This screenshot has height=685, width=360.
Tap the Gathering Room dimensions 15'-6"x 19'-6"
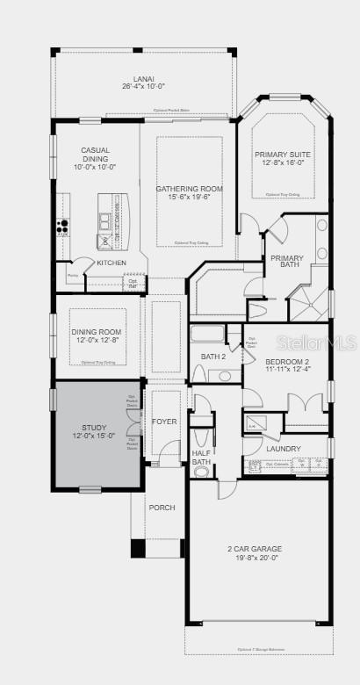[189, 198]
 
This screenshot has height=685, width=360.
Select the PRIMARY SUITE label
[284, 154]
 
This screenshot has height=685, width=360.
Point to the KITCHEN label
[112, 263]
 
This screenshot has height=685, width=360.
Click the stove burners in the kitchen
[63, 227]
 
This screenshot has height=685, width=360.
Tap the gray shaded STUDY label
[94, 427]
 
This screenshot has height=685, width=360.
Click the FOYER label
[164, 422]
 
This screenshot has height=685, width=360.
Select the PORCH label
[162, 508]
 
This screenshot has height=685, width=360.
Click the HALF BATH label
[202, 458]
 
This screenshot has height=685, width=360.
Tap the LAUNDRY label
[284, 449]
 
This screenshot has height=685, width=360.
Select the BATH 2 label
[213, 357]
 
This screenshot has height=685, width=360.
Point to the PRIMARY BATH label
[286, 261]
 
